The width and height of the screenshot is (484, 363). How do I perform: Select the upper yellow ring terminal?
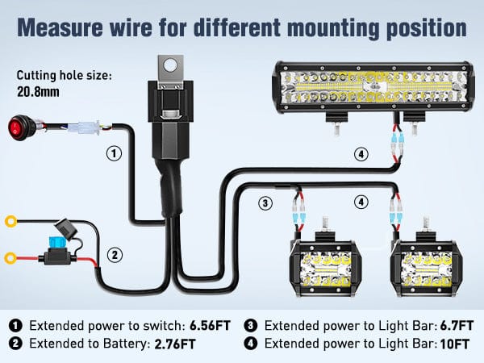10,219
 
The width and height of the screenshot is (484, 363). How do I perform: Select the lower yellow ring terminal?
10,258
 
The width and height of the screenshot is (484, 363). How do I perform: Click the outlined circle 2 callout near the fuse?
116,255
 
